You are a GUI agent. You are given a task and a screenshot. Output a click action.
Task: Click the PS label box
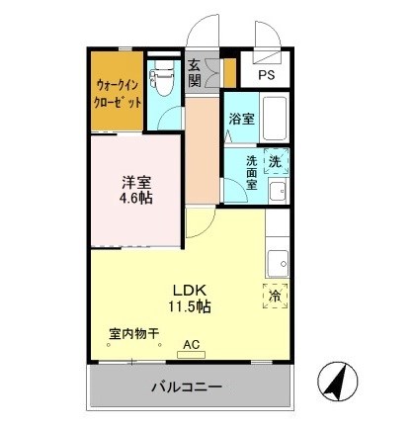point(268,75)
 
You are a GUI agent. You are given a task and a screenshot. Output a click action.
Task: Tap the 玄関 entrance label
point(196,73)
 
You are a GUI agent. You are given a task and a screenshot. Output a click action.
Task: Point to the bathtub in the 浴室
point(275,118)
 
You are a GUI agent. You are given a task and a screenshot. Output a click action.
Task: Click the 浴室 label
point(242,120)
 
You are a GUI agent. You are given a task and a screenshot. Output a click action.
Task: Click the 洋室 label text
point(136,181)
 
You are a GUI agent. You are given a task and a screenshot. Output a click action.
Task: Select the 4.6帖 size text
point(136,197)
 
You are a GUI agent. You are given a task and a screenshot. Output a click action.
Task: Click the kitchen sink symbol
point(278,263)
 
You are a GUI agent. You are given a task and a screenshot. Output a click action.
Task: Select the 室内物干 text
point(133,333)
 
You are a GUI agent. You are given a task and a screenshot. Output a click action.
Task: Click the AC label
point(191,344)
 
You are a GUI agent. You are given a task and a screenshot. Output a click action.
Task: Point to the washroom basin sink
point(278,190)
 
